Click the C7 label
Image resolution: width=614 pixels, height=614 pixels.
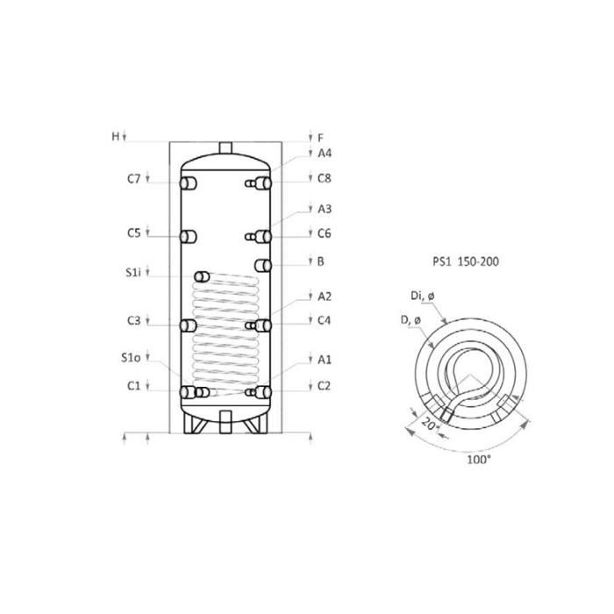pyautogui.click(x=133, y=179)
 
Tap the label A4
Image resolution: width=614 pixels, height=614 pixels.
pyautogui.click(x=325, y=153)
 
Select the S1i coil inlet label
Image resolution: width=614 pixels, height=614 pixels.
pyautogui.click(x=133, y=272)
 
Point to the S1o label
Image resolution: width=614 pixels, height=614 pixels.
pyautogui.click(x=131, y=358)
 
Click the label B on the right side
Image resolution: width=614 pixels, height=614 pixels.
pyautogui.click(x=321, y=261)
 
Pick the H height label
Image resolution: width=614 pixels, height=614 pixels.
pyautogui.click(x=116, y=136)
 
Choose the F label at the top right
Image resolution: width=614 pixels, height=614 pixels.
pyautogui.click(x=321, y=138)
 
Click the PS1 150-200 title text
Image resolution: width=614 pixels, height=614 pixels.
pyautogui.click(x=466, y=261)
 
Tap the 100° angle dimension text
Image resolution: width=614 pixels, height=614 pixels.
pyautogui.click(x=479, y=459)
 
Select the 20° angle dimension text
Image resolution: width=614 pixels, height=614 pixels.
pyautogui.click(x=429, y=424)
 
